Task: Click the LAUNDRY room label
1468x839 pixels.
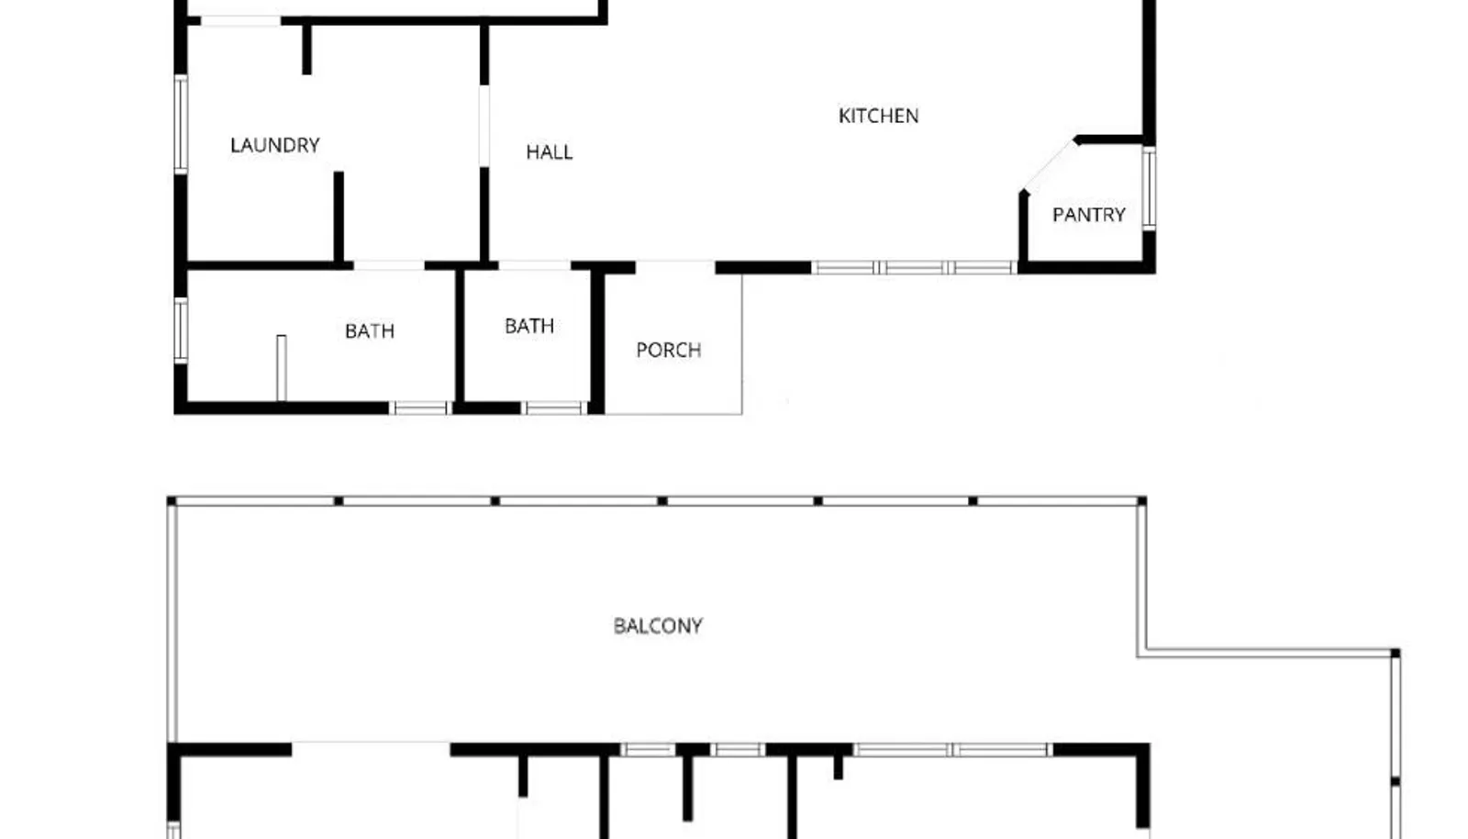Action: [275, 145]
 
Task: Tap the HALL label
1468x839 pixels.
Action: [550, 152]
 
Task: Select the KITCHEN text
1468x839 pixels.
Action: [878, 116]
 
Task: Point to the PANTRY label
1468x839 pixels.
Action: [1088, 214]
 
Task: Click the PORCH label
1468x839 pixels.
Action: [669, 350]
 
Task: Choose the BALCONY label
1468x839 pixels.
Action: [658, 626]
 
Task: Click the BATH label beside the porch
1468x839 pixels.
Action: [529, 326]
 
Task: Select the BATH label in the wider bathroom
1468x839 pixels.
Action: [370, 331]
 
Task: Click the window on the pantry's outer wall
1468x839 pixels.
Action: [1149, 188]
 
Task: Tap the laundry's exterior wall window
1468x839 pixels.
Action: [181, 125]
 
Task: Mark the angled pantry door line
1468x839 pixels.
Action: [1049, 166]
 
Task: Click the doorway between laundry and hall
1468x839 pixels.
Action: [484, 126]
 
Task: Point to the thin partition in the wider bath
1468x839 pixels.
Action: [281, 368]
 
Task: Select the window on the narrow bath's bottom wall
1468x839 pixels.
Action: [554, 408]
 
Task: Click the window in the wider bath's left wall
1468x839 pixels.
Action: [181, 330]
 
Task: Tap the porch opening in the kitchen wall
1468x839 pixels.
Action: [675, 267]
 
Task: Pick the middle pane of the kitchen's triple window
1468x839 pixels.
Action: [914, 267]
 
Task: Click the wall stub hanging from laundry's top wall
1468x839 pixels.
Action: [306, 50]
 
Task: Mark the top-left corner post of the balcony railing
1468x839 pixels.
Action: [172, 501]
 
